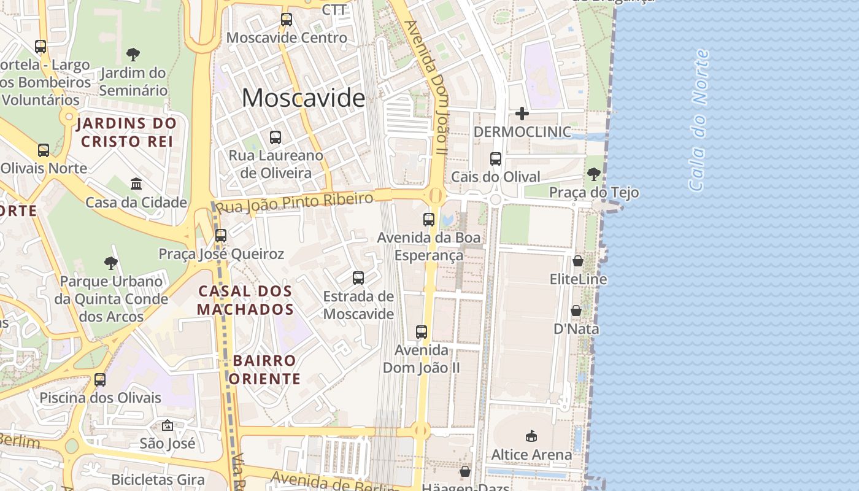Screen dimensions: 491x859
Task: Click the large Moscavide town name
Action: pyautogui.click(x=303, y=98)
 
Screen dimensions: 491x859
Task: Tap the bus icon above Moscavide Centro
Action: pyautogui.click(x=287, y=19)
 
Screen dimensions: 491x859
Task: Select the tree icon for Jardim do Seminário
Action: pyautogui.click(x=133, y=55)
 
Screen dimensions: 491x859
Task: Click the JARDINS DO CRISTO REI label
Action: pyautogui.click(x=126, y=132)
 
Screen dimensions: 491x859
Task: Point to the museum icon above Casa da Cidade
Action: pyautogui.click(x=136, y=184)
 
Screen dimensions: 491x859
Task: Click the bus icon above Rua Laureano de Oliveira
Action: pyautogui.click(x=275, y=137)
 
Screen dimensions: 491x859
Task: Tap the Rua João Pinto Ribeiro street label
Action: pyautogui.click(x=295, y=203)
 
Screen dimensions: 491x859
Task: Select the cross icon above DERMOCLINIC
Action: pyautogui.click(x=522, y=114)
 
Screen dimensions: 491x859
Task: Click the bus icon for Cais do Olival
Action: pyautogui.click(x=496, y=159)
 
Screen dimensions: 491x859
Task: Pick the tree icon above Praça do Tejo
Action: pyautogui.click(x=593, y=174)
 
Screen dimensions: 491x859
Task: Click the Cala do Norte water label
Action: pyautogui.click(x=699, y=120)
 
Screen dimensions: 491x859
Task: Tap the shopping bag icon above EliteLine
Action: pyautogui.click(x=578, y=261)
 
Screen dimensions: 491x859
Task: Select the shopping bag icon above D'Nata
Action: pyautogui.click(x=576, y=311)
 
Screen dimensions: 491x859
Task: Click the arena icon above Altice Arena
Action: pyautogui.click(x=531, y=436)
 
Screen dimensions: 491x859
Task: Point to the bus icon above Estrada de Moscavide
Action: pyautogui.click(x=358, y=278)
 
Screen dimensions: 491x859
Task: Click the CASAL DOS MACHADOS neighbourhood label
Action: pyautogui.click(x=245, y=300)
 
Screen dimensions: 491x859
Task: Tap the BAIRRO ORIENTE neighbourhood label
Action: pyautogui.click(x=264, y=369)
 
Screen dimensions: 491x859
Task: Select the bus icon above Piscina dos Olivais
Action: pyautogui.click(x=100, y=380)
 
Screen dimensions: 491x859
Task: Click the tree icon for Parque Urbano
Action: pyautogui.click(x=111, y=263)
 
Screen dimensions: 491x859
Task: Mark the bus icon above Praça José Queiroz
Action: pyautogui.click(x=221, y=235)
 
